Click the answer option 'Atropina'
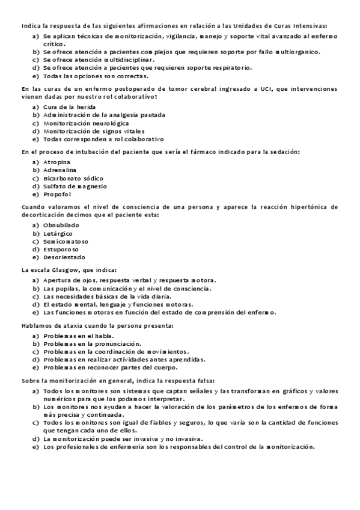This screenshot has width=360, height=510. click(56, 162)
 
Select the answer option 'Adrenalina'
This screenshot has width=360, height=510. click(59, 170)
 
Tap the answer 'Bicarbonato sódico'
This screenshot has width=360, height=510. click(73, 178)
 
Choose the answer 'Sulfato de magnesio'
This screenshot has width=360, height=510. click(75, 186)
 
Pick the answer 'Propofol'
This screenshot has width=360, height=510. click(57, 194)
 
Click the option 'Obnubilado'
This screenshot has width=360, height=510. click(61, 225)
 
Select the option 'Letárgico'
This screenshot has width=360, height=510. click(58, 233)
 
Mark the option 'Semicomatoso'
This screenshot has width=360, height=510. click(64, 241)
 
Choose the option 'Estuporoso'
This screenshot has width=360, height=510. click(61, 248)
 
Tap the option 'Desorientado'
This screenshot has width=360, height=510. click(64, 256)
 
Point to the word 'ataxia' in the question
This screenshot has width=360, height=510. click(73, 325)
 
